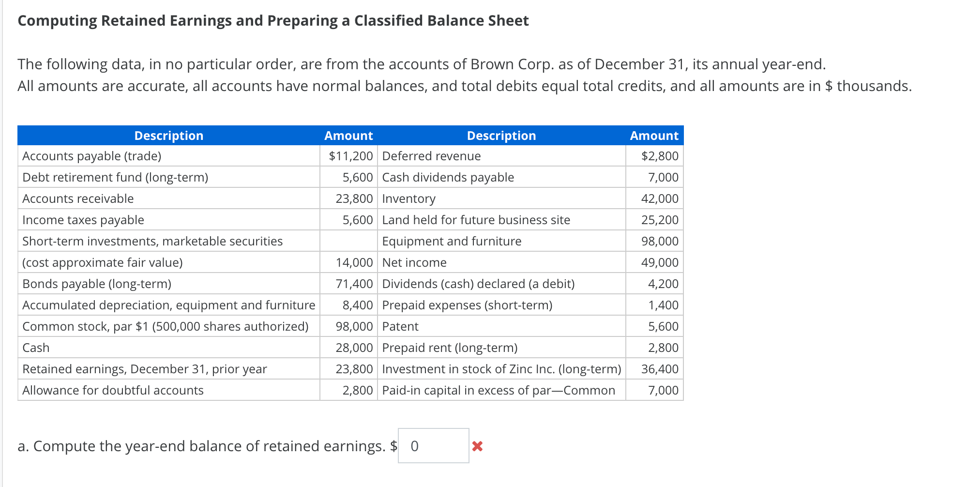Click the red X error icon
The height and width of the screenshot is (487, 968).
(x=477, y=446)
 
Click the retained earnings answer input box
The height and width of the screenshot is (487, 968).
(x=433, y=446)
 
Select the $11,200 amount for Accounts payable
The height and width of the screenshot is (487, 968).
(x=350, y=156)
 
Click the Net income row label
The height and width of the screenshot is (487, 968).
(x=414, y=262)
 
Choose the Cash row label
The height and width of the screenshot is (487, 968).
(x=36, y=348)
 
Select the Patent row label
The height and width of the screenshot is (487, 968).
(x=400, y=326)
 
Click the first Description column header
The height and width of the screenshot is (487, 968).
(x=168, y=136)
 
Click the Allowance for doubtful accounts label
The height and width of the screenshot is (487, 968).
(x=113, y=390)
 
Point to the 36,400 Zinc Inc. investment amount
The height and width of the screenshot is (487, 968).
(x=659, y=369)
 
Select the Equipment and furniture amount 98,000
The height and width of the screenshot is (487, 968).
(x=659, y=241)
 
